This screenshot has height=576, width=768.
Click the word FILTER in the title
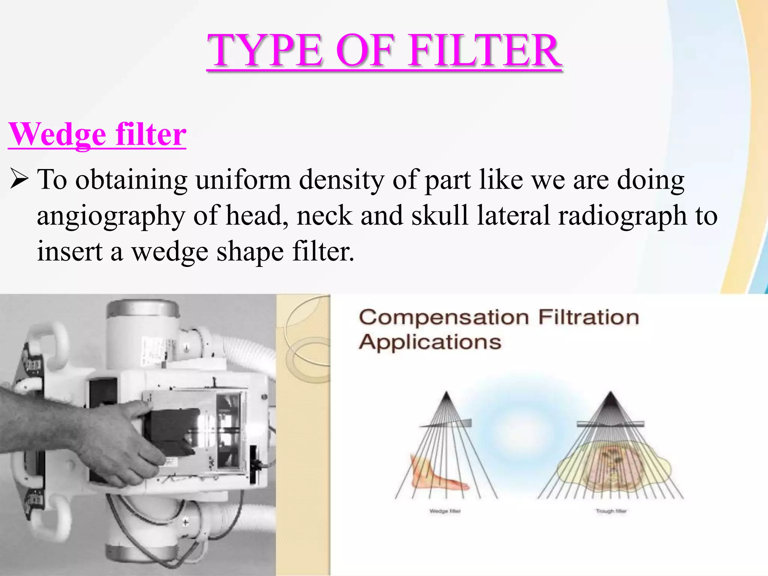coord(485,51)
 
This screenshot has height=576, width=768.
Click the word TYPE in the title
coord(264,51)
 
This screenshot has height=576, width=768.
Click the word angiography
coord(111,216)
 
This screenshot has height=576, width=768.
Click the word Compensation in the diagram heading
coord(444,318)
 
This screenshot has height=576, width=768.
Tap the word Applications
coord(430,342)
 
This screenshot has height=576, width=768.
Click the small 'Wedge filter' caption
coord(445,511)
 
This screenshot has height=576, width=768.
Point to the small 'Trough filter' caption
coord(611,511)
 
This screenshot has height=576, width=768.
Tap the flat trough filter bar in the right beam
coord(610,424)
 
